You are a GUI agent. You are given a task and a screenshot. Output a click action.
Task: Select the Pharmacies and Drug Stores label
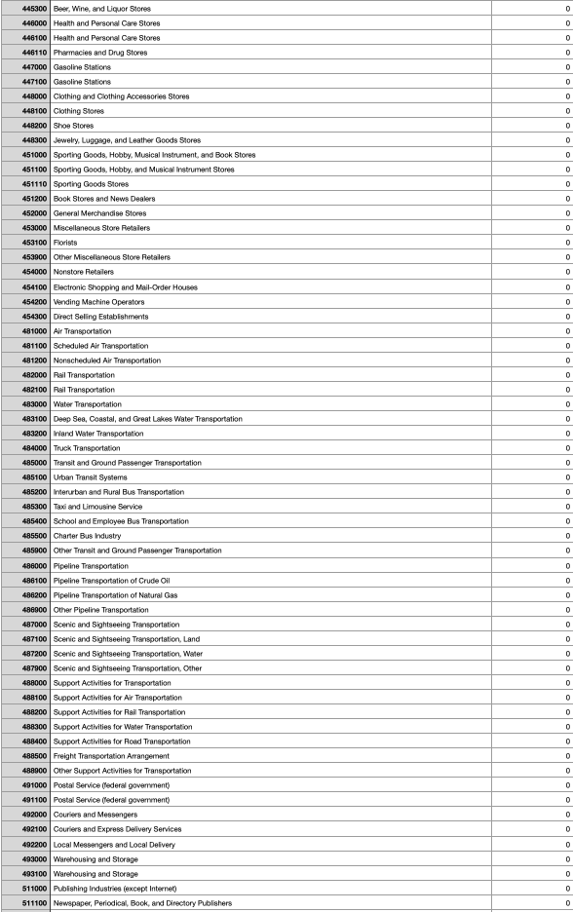point(101,52)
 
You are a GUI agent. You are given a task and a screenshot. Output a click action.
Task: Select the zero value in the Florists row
point(567,242)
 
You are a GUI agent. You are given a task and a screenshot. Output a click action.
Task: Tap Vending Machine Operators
point(102,301)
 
